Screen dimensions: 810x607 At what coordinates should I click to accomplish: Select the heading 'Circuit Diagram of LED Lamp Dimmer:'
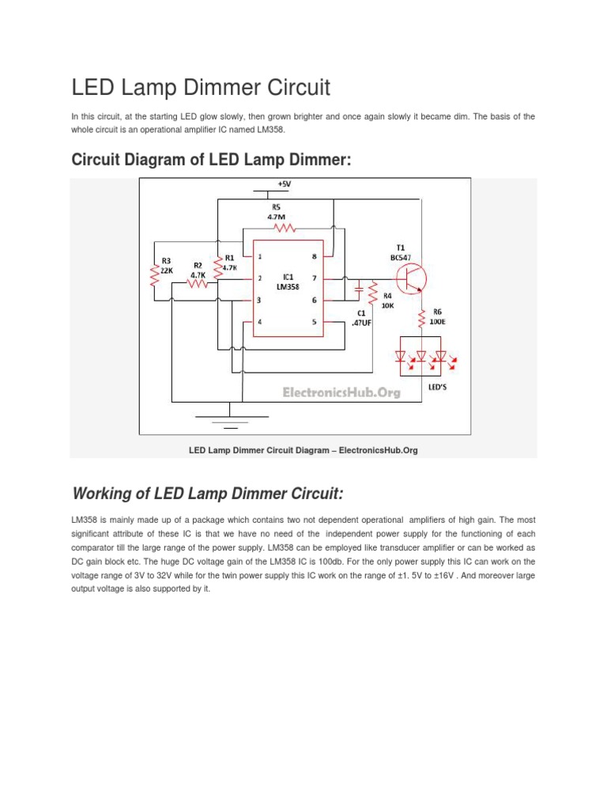coord(210,161)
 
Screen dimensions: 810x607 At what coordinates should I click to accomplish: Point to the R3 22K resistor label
coord(167,266)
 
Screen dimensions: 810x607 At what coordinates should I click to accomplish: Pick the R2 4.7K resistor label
coord(198,271)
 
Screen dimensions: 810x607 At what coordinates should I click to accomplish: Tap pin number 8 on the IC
coord(314,256)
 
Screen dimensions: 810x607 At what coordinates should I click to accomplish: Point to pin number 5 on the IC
coord(314,322)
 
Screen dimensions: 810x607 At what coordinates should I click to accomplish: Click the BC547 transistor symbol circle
coord(411,278)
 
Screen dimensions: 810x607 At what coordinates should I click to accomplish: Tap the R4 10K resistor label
coord(387,301)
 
